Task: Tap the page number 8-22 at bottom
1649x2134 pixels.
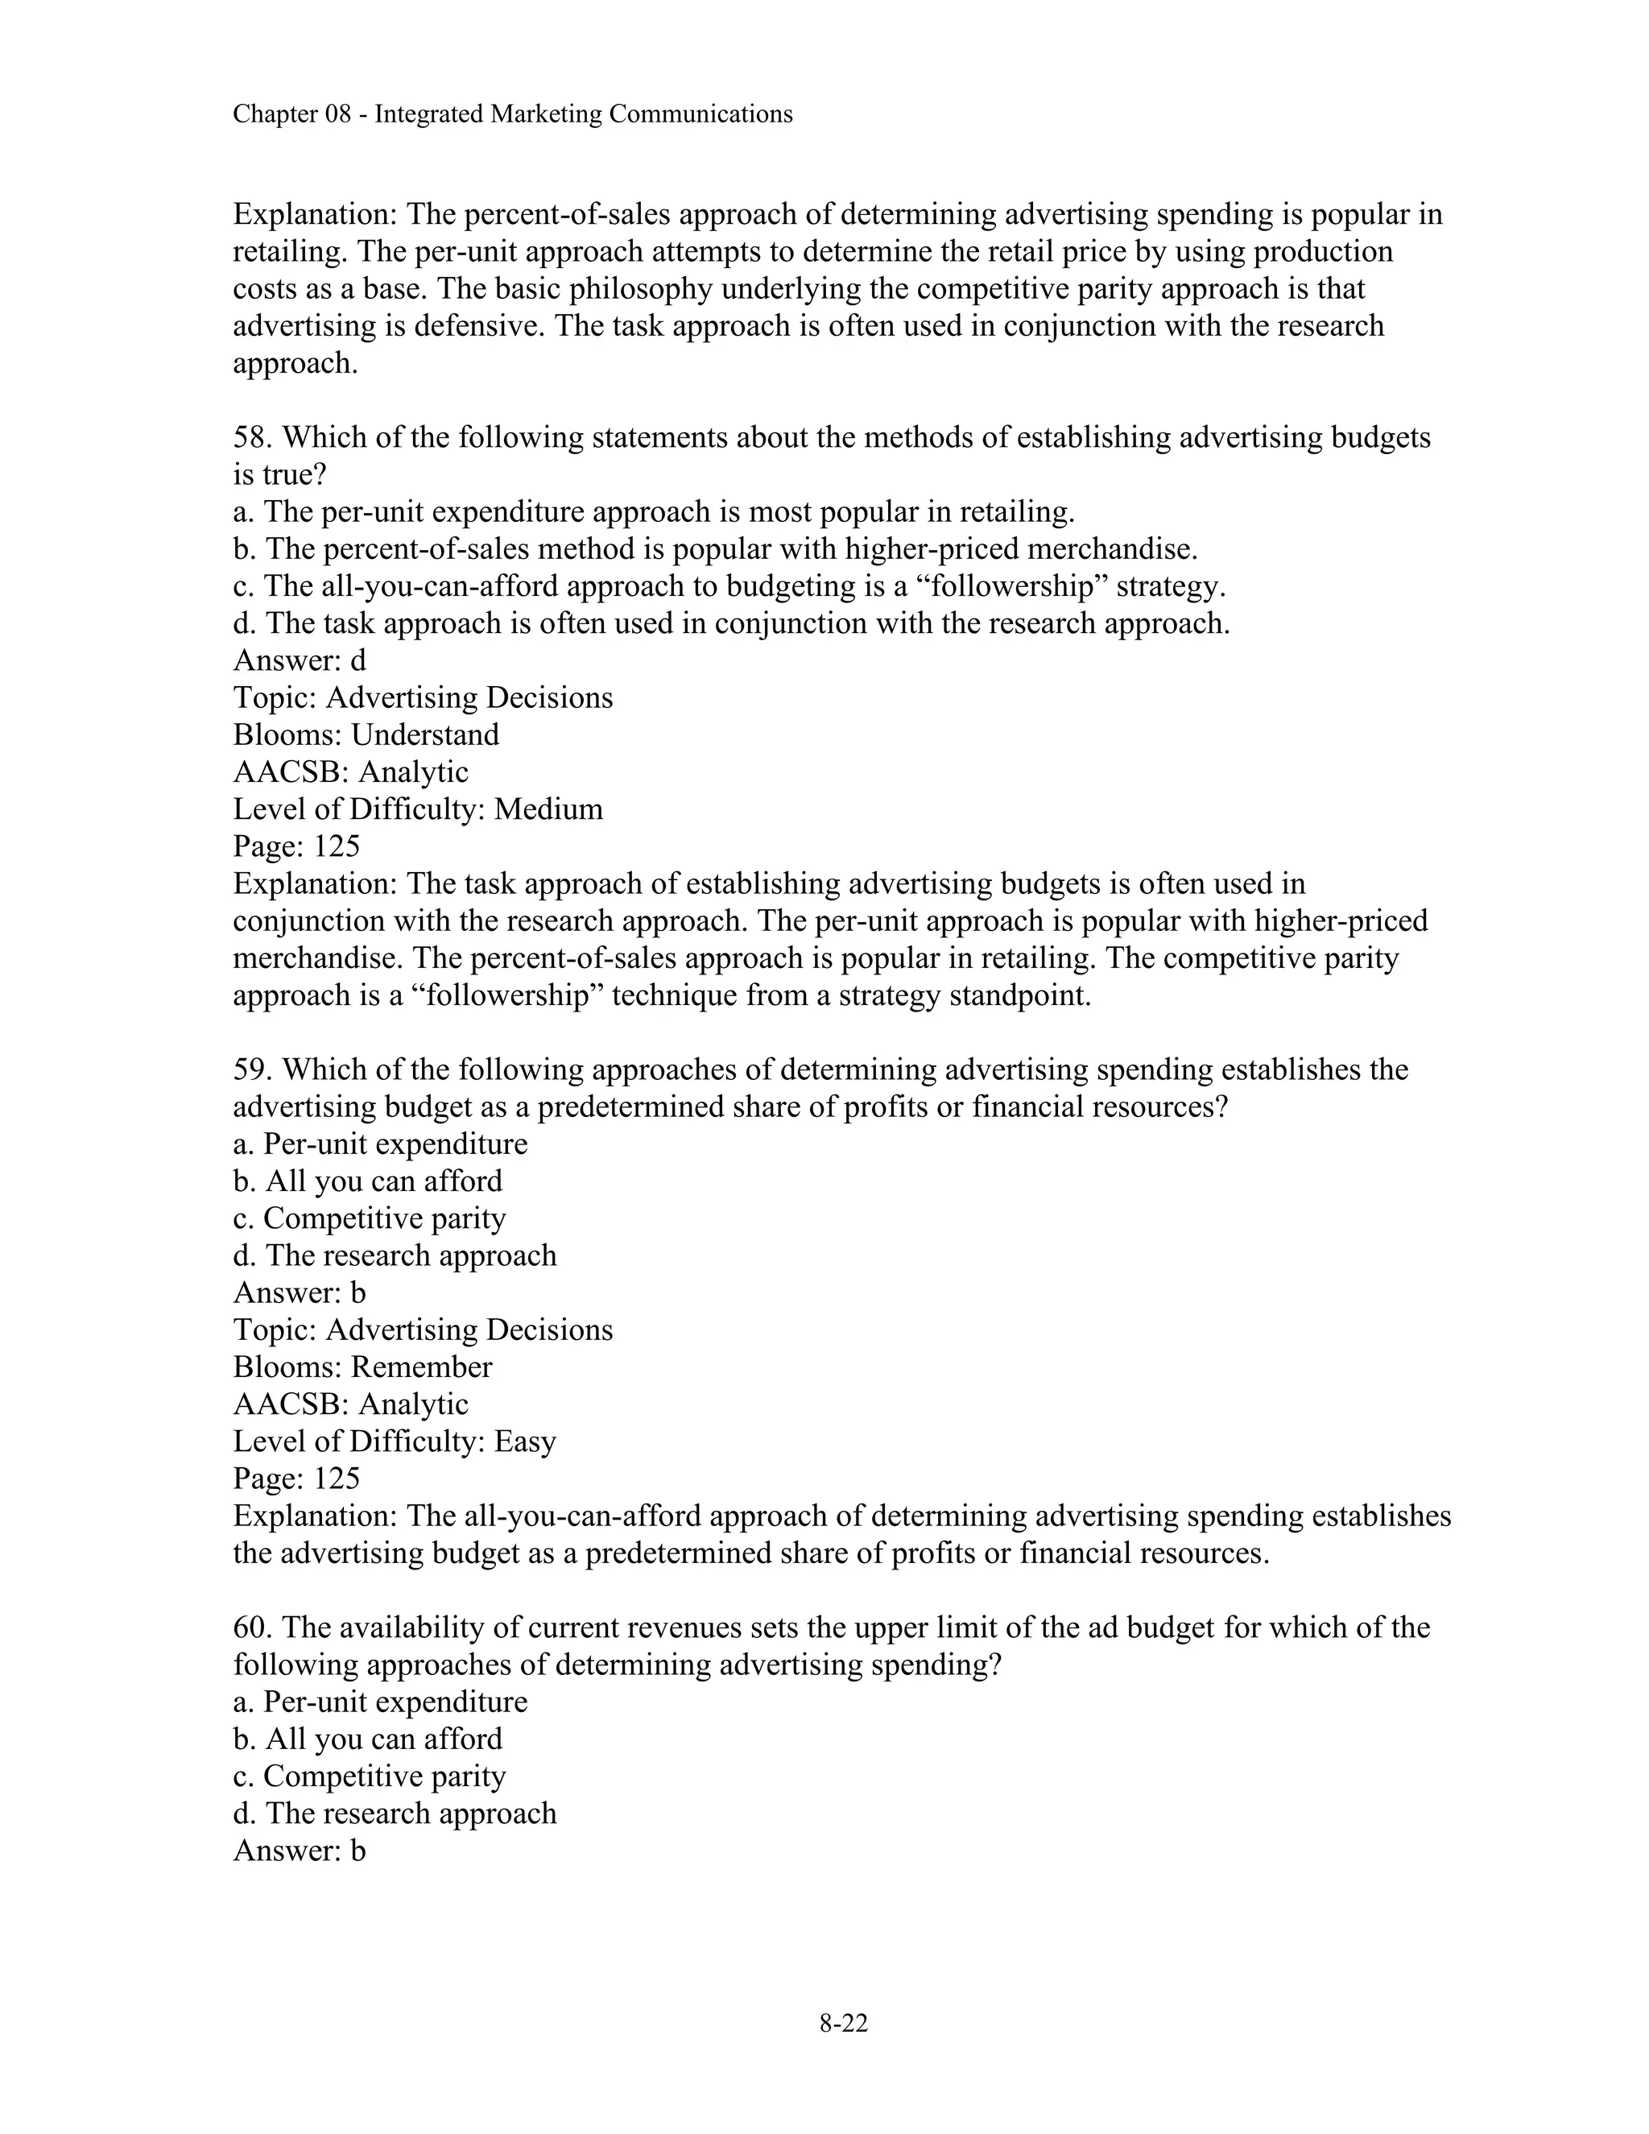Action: coord(843,2023)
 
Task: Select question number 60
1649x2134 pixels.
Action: coord(253,1627)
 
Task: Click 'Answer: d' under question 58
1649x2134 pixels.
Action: coord(299,660)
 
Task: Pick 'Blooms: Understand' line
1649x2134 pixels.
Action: coord(366,734)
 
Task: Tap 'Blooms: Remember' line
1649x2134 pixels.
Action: coord(362,1367)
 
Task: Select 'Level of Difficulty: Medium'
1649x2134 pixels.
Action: coord(418,809)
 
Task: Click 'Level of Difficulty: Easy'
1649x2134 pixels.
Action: coord(394,1441)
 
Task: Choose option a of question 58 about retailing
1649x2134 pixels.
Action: coord(654,512)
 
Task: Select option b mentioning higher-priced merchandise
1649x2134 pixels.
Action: coord(715,549)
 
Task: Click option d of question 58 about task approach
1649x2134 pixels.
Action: coord(731,623)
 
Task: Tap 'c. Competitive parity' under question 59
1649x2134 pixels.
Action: coord(370,1218)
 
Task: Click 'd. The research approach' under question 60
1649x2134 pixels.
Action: coord(395,1813)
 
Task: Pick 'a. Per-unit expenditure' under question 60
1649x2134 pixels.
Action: coord(380,1702)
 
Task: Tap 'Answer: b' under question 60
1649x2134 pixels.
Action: coord(299,1851)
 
